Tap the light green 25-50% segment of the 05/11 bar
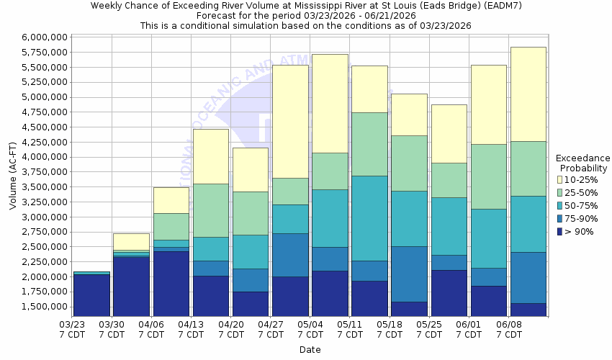369,144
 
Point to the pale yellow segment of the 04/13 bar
210,156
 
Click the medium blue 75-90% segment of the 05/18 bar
409,274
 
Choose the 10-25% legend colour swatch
560,179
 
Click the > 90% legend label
580,231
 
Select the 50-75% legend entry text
583,205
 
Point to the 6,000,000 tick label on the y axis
45,37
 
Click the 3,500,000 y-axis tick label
45,187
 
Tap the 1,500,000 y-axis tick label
45,307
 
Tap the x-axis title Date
310,350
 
